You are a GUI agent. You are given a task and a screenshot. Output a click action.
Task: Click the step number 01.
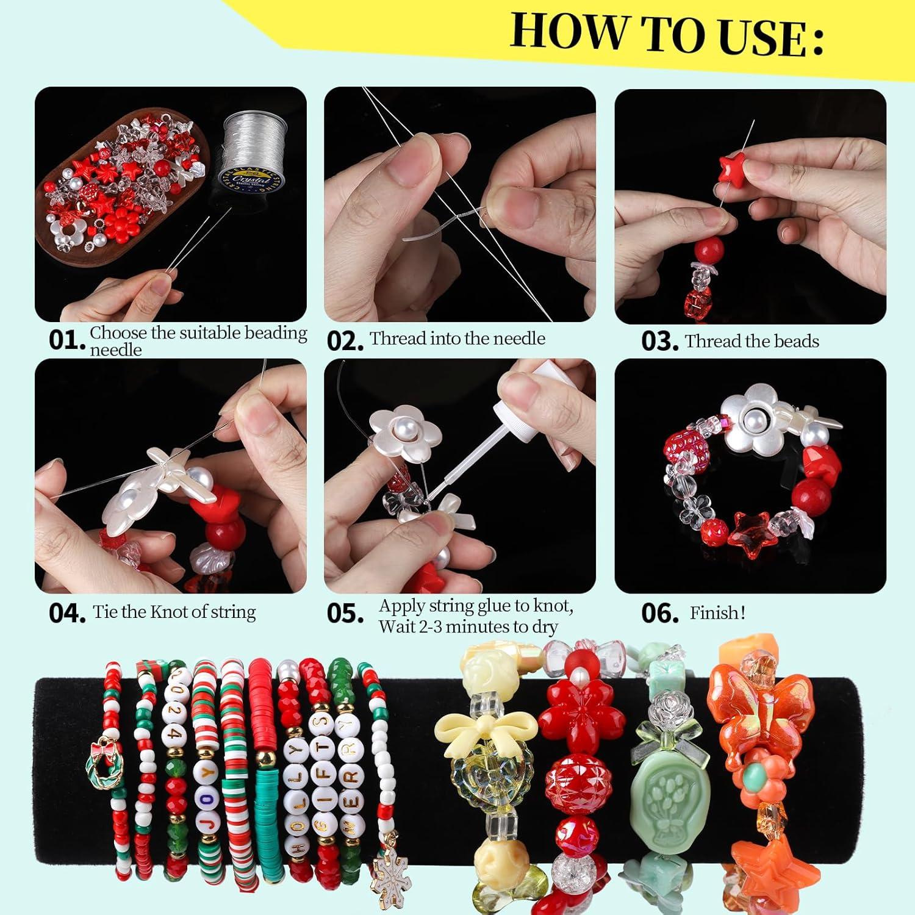(66, 340)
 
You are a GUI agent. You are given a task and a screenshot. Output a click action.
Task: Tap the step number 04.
(66, 613)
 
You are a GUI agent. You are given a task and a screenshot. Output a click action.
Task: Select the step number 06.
(659, 613)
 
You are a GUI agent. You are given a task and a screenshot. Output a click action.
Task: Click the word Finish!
(717, 612)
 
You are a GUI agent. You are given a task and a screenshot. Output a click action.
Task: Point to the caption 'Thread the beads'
(752, 341)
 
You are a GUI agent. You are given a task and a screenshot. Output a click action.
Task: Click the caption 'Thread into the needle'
(457, 339)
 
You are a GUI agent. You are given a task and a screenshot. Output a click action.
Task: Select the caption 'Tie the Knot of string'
(174, 612)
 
